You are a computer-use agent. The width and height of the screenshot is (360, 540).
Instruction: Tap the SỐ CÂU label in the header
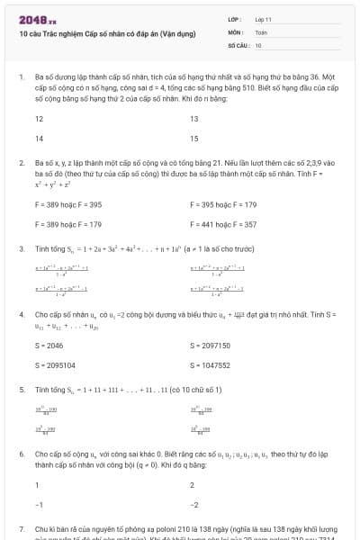tap(238, 44)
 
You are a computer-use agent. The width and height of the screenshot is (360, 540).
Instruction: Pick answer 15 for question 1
tap(194, 139)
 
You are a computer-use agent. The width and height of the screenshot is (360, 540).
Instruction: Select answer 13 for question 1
tap(194, 119)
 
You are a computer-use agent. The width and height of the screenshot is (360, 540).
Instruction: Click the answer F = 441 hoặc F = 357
tap(223, 224)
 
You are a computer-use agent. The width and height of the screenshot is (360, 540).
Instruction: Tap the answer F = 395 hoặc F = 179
tap(223, 204)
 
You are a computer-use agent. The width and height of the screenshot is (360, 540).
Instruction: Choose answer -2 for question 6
tap(194, 505)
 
